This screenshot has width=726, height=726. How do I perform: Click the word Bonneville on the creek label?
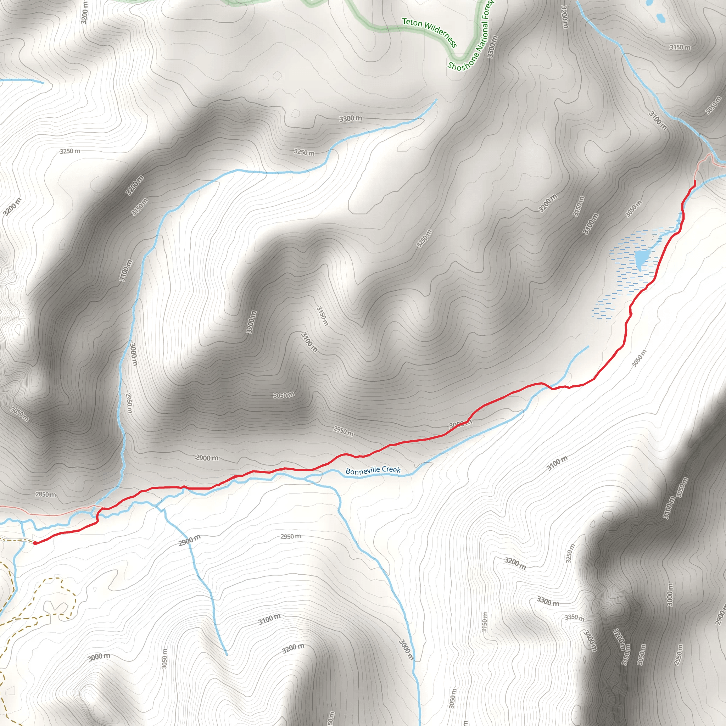click(x=362, y=471)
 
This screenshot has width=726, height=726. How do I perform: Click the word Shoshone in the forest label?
click(x=463, y=62)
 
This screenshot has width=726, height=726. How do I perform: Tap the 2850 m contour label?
click(x=45, y=495)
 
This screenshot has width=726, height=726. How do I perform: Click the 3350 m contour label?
click(x=575, y=618)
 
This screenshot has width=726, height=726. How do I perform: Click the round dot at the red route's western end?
click(x=35, y=543)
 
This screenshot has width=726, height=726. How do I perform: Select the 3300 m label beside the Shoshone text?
click(x=492, y=47)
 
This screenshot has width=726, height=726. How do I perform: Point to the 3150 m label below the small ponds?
click(x=680, y=48)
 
